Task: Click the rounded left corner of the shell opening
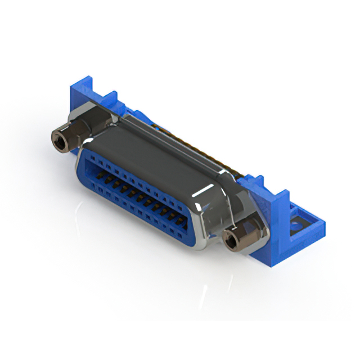tap(82, 163)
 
